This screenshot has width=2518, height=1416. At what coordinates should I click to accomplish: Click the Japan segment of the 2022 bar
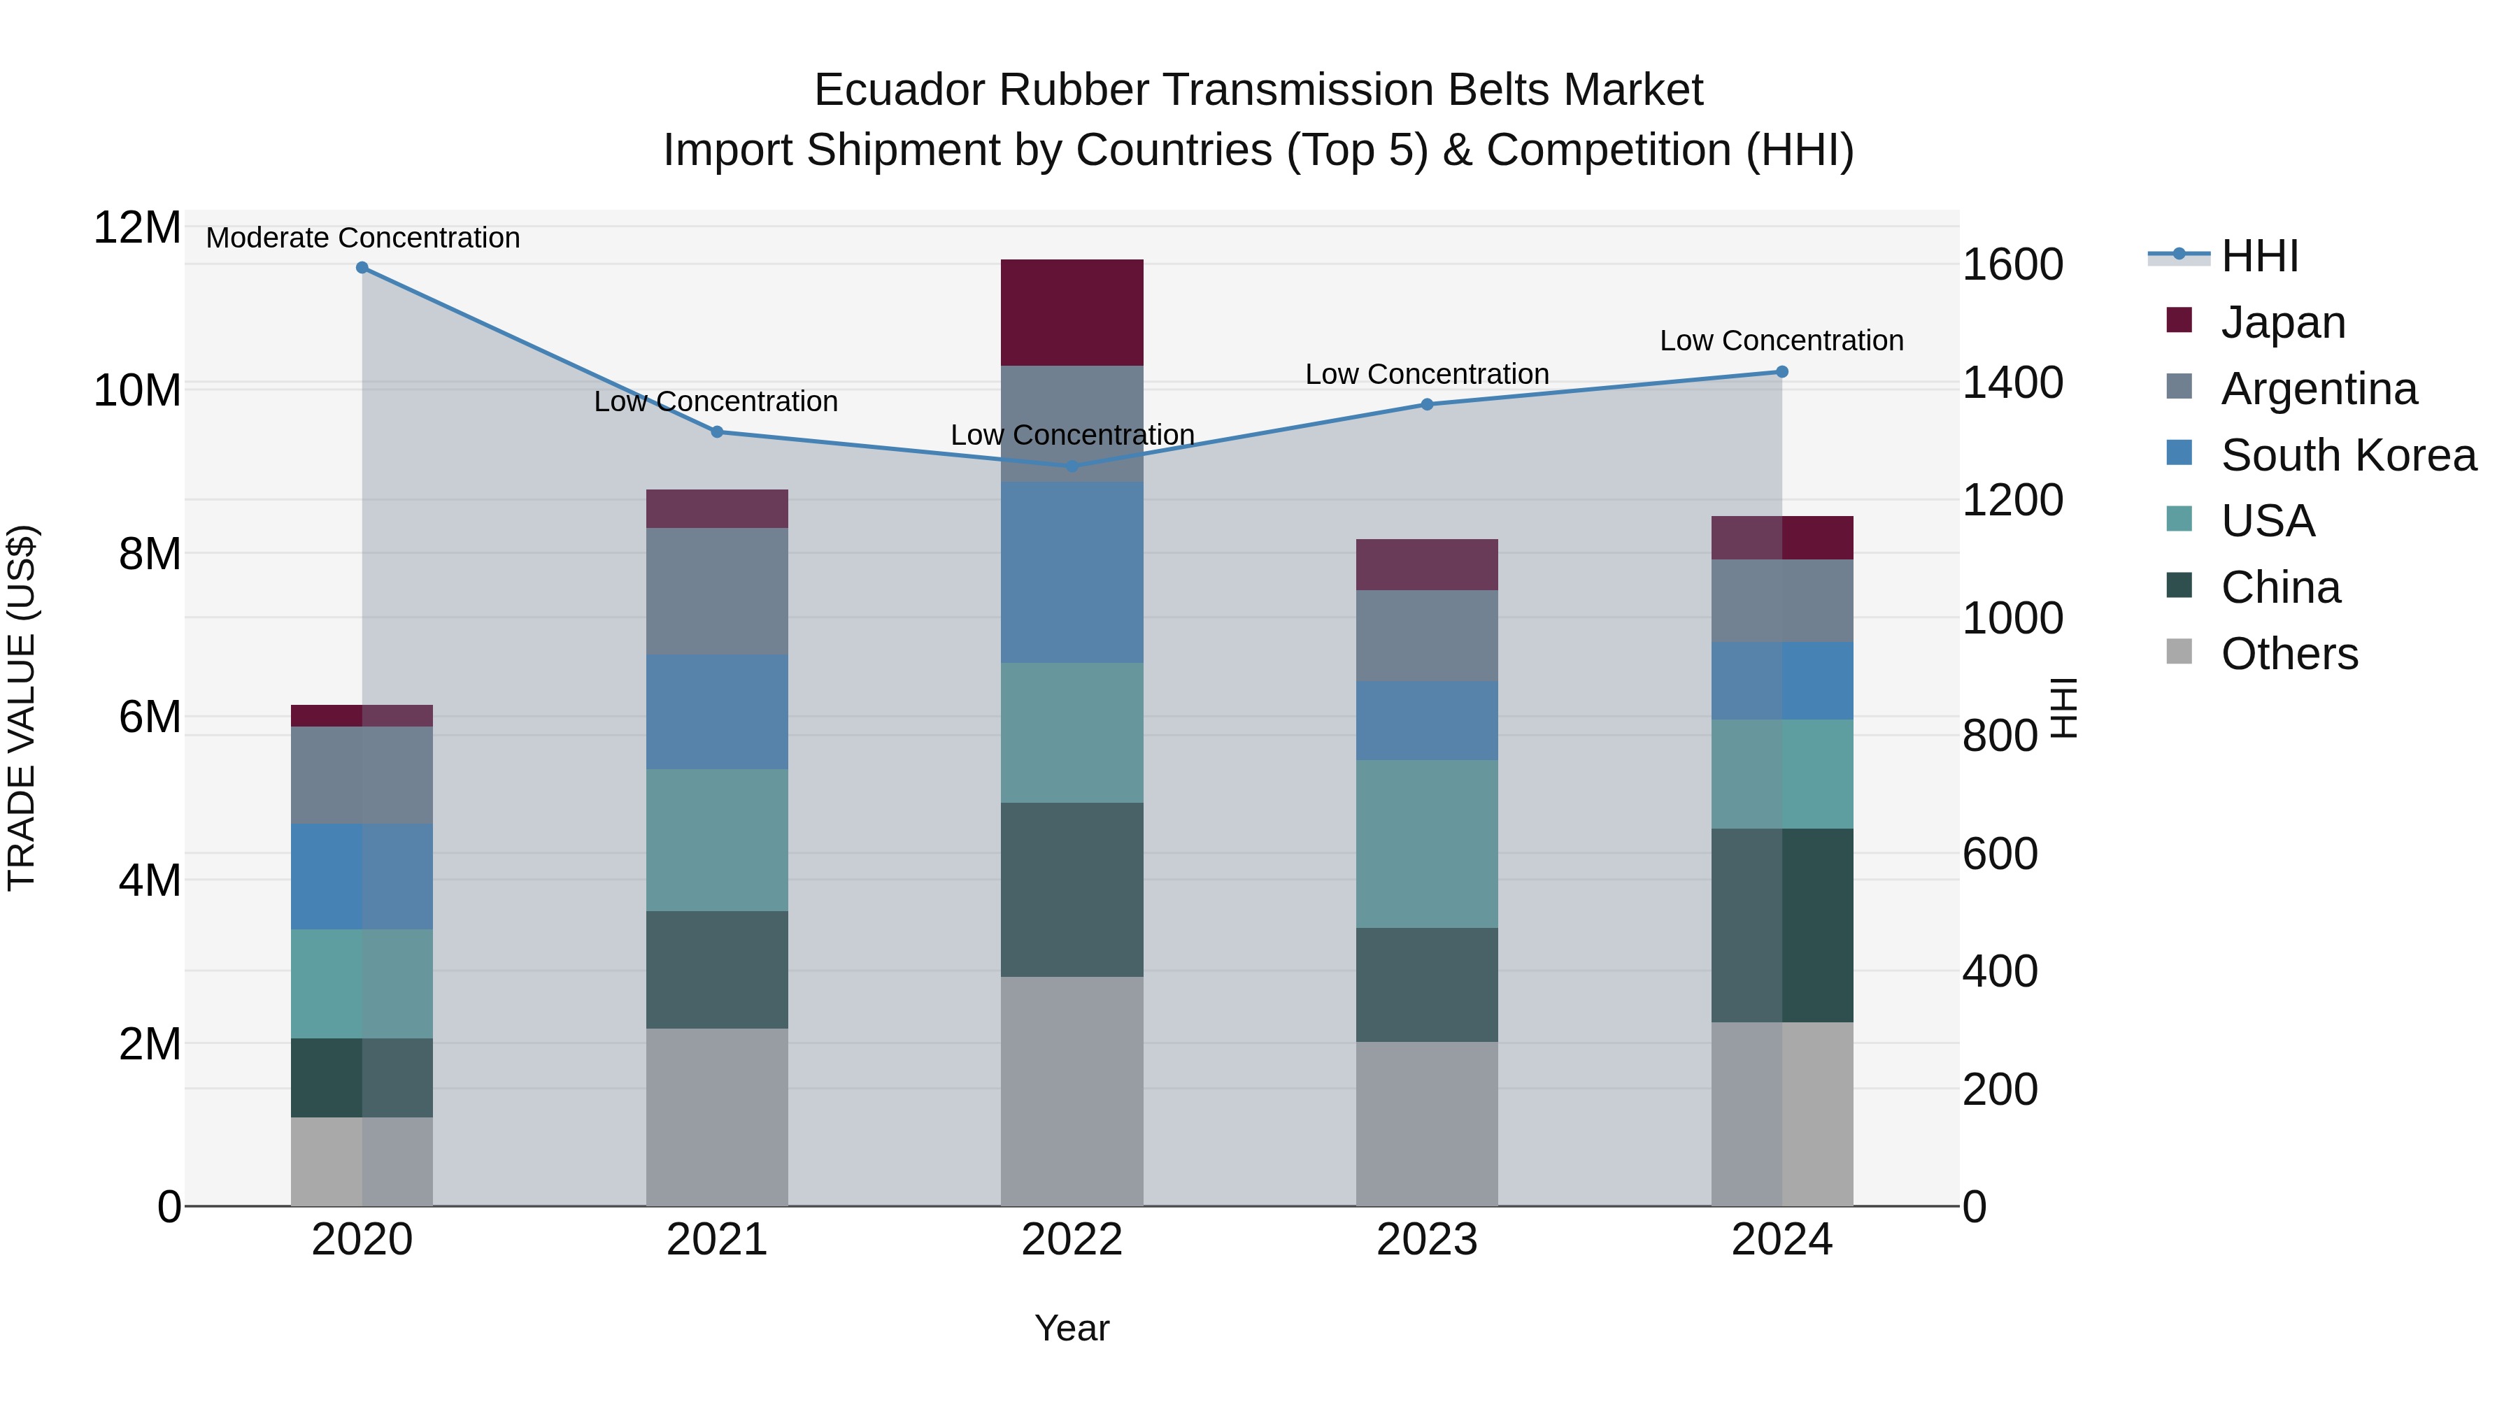(1072, 313)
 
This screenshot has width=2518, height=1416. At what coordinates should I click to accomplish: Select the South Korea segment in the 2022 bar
(1072, 572)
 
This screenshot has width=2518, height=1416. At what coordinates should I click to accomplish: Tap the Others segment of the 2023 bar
(1426, 1123)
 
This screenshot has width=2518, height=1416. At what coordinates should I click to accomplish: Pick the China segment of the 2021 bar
(716, 969)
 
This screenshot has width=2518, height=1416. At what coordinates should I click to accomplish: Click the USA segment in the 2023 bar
(1426, 843)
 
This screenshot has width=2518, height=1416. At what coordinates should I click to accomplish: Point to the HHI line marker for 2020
(362, 268)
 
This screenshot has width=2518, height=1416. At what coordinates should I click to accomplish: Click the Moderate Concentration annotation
(362, 238)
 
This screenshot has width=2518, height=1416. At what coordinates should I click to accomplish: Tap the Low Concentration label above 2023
(1426, 374)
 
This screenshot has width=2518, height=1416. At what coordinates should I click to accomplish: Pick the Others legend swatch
(2179, 652)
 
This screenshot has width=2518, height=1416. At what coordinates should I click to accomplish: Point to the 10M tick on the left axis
(137, 391)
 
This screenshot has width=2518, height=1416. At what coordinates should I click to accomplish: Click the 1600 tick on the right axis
(2012, 265)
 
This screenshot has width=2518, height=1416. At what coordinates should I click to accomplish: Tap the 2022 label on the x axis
(1072, 1240)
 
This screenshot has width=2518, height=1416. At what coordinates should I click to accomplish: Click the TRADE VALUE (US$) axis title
(22, 708)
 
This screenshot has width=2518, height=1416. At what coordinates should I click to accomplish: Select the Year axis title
(1072, 1328)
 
